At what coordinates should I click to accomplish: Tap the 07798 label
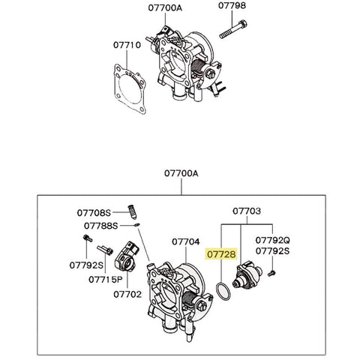[232, 6]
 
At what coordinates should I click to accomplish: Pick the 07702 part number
[127, 295]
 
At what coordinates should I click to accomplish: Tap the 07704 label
[185, 242]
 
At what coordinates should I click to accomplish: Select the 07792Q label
[272, 241]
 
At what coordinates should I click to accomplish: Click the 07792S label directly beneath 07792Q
[272, 252]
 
